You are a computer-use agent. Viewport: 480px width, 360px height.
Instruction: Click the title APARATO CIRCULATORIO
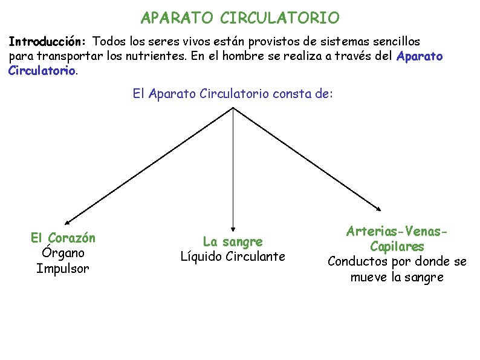(x=240, y=18)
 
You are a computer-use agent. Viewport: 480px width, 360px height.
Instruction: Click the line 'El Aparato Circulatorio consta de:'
(x=233, y=94)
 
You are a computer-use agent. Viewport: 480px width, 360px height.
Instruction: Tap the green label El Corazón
(x=63, y=238)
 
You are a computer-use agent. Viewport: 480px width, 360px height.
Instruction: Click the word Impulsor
(x=63, y=268)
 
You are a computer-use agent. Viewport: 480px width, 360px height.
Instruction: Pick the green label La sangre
(x=233, y=241)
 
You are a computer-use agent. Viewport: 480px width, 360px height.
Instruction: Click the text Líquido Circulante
(x=233, y=257)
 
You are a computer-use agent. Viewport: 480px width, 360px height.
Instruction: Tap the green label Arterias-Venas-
(x=397, y=232)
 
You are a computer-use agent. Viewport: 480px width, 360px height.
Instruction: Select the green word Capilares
(x=397, y=247)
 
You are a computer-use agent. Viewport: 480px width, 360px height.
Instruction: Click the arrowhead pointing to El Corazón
(x=66, y=223)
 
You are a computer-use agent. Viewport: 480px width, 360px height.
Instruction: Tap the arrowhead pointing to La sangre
(x=233, y=224)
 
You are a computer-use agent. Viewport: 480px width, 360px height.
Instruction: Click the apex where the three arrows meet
(x=233, y=108)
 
